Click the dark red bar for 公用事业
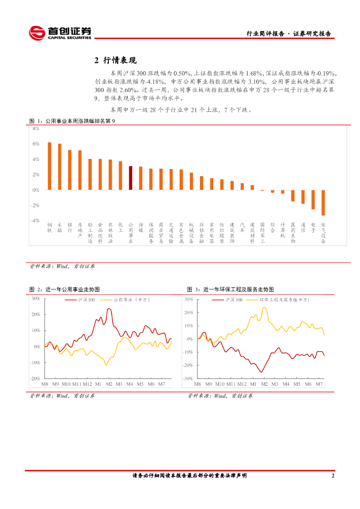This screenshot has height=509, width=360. [x=131, y=178]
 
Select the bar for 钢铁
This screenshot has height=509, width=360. [x=49, y=166]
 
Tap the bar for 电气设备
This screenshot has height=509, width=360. [x=324, y=203]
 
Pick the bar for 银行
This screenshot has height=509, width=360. [x=70, y=170]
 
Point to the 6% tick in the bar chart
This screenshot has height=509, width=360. [x=36, y=144]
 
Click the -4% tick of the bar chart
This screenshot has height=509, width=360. [x=35, y=221]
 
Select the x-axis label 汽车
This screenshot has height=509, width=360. [x=242, y=227]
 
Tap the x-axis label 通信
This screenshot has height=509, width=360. [x=303, y=227]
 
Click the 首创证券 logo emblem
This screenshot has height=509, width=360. [x=36, y=33]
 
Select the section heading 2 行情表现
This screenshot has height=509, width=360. [x=115, y=61]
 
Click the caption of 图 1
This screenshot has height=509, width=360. [x=73, y=121]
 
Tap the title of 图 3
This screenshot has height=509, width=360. [x=231, y=289]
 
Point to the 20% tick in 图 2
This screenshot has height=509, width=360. [x=35, y=314]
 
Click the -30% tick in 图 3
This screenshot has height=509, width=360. [x=188, y=379]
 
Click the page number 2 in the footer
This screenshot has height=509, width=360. [x=333, y=476]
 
